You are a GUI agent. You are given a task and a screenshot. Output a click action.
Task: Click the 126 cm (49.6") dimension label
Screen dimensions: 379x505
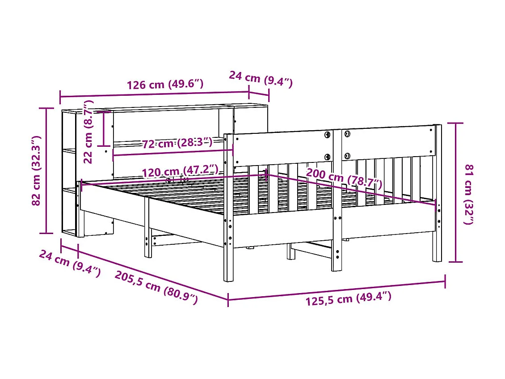click(x=165, y=84)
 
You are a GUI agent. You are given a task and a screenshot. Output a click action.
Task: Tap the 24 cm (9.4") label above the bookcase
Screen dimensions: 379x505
click(x=261, y=79)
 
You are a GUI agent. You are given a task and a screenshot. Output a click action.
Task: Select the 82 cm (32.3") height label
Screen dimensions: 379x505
click(x=37, y=170)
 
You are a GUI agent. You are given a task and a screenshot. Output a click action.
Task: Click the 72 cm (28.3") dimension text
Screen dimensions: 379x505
click(x=177, y=143)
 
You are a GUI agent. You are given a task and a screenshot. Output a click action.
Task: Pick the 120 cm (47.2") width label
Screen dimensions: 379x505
click(x=180, y=171)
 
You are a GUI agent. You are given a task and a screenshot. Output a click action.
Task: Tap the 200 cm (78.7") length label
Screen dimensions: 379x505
click(x=344, y=179)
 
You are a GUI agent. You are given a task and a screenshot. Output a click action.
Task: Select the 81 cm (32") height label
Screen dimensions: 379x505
click(x=469, y=194)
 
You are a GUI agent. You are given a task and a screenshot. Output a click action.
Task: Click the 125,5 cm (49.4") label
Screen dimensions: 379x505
click(x=348, y=298)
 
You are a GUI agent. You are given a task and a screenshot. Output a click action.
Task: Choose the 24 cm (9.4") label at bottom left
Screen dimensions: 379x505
click(x=70, y=264)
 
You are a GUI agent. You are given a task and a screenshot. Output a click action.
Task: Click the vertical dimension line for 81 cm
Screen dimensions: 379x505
click(x=456, y=192)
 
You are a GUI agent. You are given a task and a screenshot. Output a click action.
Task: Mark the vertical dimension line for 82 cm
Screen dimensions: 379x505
click(x=46, y=170)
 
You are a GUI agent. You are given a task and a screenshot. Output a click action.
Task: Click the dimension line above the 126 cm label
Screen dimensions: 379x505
click(x=154, y=94)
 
